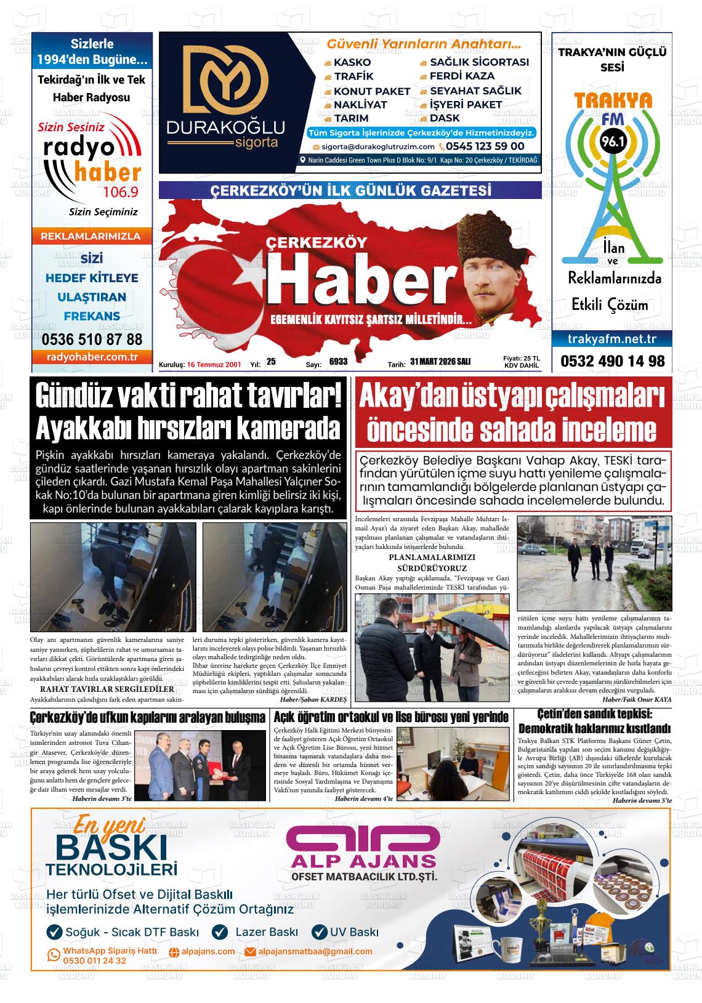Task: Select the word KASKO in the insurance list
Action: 352,62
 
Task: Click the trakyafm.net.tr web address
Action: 612,339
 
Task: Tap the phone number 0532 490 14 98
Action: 612,361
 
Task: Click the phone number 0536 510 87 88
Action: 92,339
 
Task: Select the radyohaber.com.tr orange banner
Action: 92,357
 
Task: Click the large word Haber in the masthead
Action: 360,282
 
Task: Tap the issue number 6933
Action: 339,362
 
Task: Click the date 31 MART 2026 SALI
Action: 440,362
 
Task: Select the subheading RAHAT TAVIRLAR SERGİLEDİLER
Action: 107,689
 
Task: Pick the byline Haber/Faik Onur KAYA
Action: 637,700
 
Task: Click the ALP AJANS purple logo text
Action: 363,860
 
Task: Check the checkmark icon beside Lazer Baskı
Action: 220,932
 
